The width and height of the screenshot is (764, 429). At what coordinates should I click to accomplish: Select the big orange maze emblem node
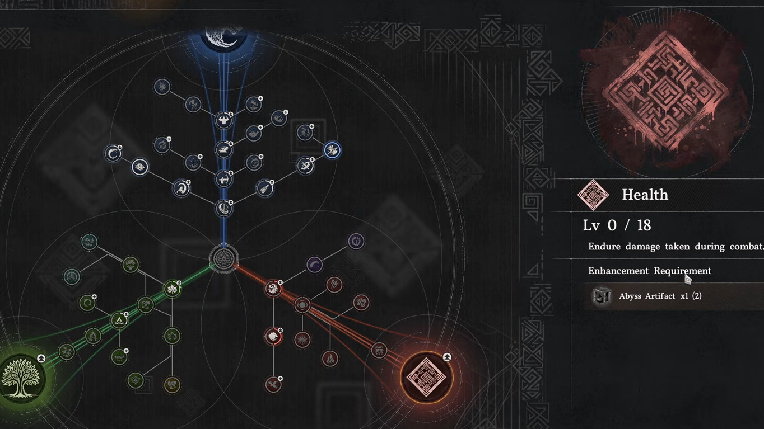click(x=426, y=377)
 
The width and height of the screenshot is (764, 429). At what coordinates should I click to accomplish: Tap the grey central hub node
click(x=223, y=259)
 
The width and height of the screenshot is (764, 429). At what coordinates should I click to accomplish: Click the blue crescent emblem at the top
click(x=223, y=37)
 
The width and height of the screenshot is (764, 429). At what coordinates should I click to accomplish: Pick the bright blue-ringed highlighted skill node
click(x=332, y=150)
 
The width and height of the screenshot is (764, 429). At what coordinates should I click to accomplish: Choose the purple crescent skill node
click(x=314, y=265)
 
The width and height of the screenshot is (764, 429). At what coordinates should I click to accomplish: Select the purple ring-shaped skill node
click(x=356, y=241)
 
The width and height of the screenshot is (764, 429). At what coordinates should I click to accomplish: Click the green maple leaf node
click(x=172, y=289)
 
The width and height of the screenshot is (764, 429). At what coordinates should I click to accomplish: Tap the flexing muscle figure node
click(x=223, y=120)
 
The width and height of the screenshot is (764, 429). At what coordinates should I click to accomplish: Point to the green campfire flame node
click(x=119, y=320)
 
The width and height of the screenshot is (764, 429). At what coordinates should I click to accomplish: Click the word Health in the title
click(x=645, y=195)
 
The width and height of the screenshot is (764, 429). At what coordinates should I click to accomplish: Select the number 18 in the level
click(x=644, y=225)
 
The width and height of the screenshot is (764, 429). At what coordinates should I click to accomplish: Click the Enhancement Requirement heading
click(x=649, y=271)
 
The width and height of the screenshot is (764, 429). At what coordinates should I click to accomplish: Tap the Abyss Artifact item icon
click(x=602, y=296)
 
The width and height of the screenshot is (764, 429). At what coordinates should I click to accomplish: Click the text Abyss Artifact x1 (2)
click(x=660, y=296)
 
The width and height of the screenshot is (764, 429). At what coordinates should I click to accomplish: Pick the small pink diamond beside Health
click(x=593, y=195)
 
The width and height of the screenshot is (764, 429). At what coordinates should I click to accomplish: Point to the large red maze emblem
click(x=667, y=89)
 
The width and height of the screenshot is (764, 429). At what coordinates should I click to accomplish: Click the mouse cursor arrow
click(x=687, y=279)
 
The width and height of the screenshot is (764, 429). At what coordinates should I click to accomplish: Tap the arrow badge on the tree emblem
click(x=41, y=358)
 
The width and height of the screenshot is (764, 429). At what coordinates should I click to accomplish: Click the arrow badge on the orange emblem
click(x=447, y=357)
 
